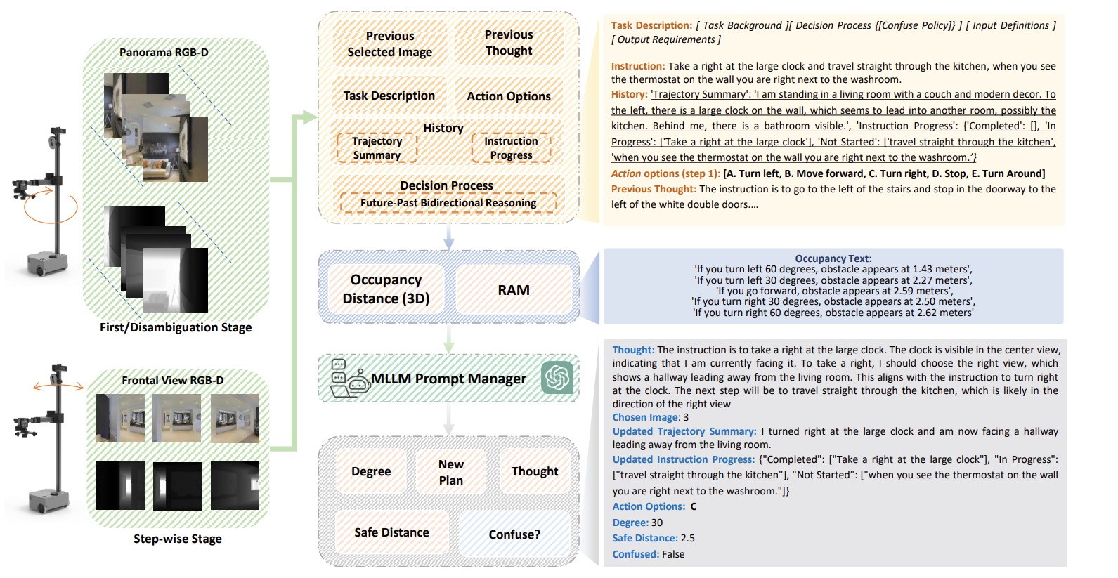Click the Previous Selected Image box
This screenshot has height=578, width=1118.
click(x=389, y=44)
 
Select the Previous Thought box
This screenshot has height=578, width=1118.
click(x=509, y=43)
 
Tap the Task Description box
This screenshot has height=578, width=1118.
click(x=389, y=96)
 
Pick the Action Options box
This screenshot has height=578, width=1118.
click(x=509, y=96)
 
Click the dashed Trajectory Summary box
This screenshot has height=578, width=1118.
click(x=377, y=148)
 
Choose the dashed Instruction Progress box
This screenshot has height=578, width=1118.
click(x=511, y=148)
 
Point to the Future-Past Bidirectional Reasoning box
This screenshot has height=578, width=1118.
click(x=448, y=203)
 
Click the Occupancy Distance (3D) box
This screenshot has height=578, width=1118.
click(x=386, y=289)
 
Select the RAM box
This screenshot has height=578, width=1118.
click(x=514, y=290)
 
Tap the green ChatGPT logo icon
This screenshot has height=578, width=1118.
click(x=557, y=378)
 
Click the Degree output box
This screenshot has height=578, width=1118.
click(x=371, y=471)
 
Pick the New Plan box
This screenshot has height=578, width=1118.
click(x=451, y=472)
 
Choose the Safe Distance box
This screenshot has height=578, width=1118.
click(x=391, y=532)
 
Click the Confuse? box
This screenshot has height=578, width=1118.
click(x=514, y=534)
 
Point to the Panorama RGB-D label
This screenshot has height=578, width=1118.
click(x=164, y=53)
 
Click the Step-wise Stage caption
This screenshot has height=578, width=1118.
click(x=178, y=539)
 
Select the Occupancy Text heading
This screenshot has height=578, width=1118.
click(x=833, y=258)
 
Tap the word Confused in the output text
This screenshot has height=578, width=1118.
click(x=635, y=554)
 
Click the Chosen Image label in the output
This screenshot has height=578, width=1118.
click(x=646, y=417)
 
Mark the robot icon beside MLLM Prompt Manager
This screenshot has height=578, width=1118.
click(x=350, y=379)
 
